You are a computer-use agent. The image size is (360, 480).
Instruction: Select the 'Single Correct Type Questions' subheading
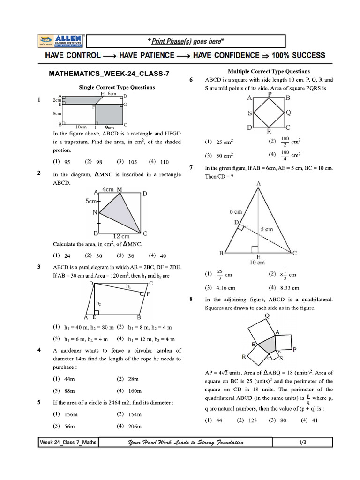pos(117,87)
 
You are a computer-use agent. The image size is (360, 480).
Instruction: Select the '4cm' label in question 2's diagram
pos(108,189)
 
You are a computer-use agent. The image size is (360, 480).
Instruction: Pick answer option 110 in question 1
pos(164,162)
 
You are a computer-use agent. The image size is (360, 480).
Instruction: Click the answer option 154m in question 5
pos(135,414)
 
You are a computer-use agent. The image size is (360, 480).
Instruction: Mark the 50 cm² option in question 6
pos(225,155)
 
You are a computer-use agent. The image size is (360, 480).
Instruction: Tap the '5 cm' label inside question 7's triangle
pos(267,229)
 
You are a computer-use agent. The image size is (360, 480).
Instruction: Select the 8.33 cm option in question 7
pos(290,288)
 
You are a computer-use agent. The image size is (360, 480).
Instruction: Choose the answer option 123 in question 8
pos(252,420)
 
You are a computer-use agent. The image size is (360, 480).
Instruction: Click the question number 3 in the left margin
pos(39,267)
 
